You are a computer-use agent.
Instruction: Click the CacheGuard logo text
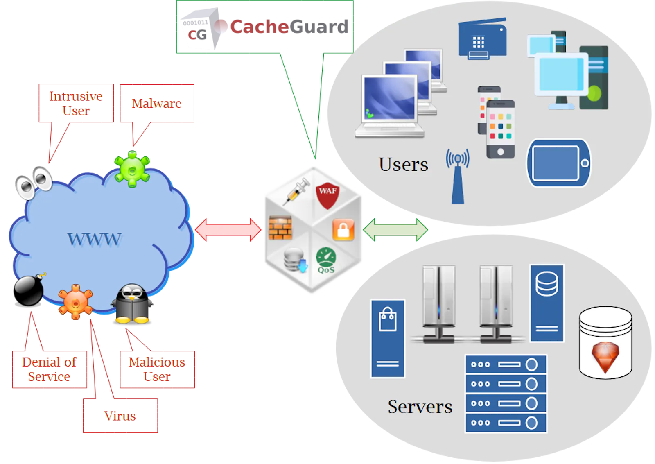point(289,27)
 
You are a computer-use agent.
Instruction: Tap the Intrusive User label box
point(76,103)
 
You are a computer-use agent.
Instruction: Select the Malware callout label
point(157,103)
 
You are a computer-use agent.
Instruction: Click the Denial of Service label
point(50,369)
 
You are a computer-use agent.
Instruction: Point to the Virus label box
point(120,416)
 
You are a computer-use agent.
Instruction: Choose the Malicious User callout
point(157,369)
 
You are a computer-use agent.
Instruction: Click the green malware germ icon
point(132,169)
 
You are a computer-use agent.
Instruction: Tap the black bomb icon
point(29,290)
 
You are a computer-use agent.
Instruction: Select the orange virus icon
point(76,302)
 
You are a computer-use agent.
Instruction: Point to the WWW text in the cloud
point(94,239)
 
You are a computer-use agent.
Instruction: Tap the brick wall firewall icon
point(280,228)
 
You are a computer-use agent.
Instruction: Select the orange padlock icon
point(343,230)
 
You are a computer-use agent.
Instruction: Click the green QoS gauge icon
point(326,260)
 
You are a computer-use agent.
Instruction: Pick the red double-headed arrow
point(228,230)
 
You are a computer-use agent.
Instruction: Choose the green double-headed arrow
point(395,230)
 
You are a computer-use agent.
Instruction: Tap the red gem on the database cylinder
point(605,357)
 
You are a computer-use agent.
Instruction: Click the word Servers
point(420,407)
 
